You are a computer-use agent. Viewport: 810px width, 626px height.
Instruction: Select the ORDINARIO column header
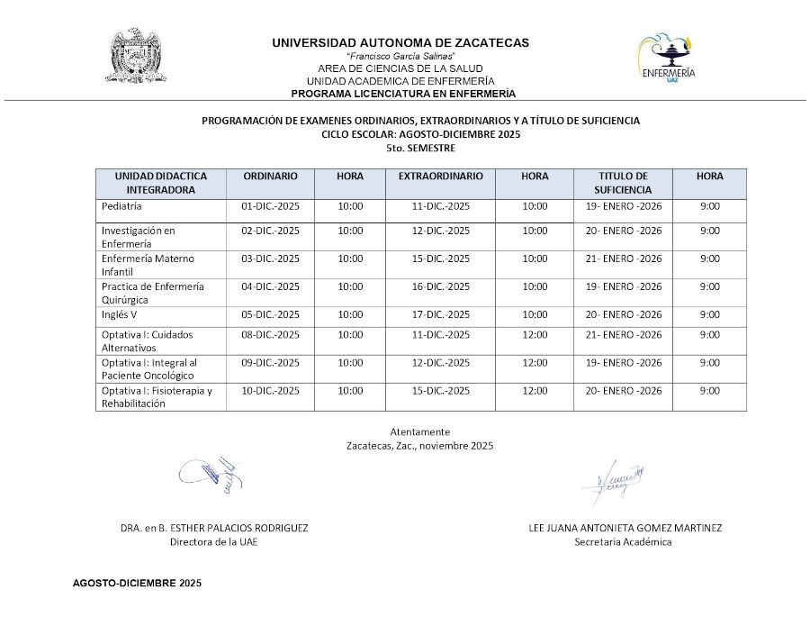(x=270, y=177)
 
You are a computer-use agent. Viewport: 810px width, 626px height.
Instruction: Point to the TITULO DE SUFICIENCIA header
(x=623, y=183)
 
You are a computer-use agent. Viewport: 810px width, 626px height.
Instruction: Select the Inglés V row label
(x=120, y=314)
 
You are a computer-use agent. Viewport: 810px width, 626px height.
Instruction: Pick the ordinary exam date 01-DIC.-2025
(x=270, y=206)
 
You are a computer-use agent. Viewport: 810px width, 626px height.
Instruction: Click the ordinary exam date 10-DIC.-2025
(x=270, y=391)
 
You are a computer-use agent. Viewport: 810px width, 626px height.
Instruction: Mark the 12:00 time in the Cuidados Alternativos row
(x=535, y=335)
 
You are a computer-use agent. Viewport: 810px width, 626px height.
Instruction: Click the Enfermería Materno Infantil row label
(x=148, y=265)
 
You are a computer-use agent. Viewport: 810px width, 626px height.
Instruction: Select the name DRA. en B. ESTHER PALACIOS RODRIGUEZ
(x=214, y=528)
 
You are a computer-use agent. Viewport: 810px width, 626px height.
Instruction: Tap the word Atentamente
(x=420, y=431)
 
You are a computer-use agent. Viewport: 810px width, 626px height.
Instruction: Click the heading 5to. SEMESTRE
(x=420, y=148)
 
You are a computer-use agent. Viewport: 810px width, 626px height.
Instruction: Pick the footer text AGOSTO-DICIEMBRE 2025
(x=137, y=584)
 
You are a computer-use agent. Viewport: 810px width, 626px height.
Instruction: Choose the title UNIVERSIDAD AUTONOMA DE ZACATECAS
(x=400, y=42)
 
